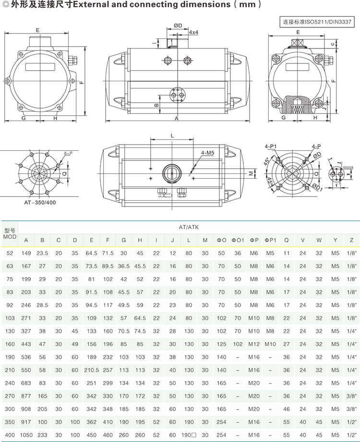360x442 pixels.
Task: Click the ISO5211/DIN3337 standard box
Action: coord(317,22)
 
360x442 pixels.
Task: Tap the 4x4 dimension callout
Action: coord(193,32)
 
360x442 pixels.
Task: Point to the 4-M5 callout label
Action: coord(208,153)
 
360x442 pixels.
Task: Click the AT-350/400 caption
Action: coord(40,202)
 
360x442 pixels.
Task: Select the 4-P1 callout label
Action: coord(270,147)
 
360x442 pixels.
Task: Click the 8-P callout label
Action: coord(68,153)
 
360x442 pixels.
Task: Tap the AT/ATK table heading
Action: coord(189,227)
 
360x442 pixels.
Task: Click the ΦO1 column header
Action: coord(238,240)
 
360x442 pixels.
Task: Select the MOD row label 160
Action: coord(10,344)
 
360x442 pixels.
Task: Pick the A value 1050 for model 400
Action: coord(26,435)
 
